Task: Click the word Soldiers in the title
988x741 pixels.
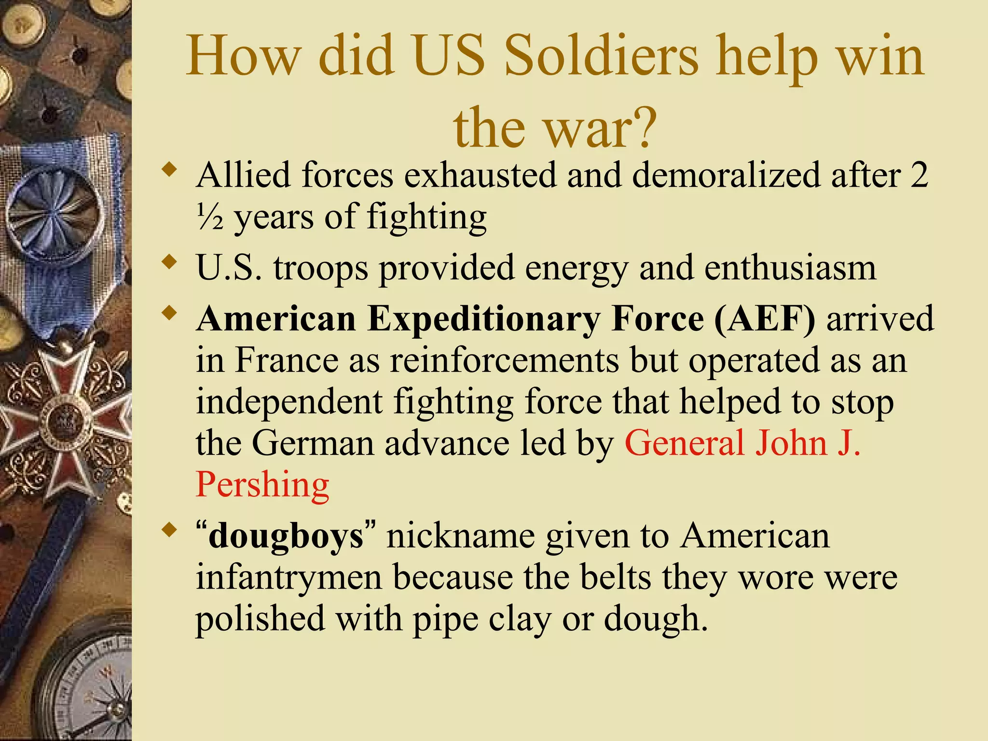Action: tap(601, 57)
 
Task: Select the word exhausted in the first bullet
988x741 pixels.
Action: tap(480, 175)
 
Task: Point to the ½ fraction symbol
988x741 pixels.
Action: tap(210, 217)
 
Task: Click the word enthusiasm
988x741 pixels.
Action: tap(790, 268)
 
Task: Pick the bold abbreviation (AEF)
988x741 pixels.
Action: tap(765, 319)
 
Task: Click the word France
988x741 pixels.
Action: tap(287, 360)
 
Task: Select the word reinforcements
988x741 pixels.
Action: tap(504, 360)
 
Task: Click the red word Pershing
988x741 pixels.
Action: tap(262, 484)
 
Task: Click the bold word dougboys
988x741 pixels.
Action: tap(286, 536)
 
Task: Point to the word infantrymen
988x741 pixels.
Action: tap(288, 577)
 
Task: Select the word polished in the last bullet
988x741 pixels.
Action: tap(260, 619)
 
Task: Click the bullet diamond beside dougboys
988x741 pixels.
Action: tap(168, 530)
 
